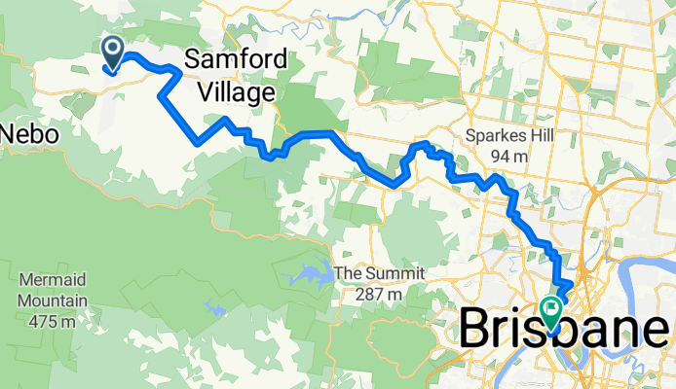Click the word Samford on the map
[x=236, y=60]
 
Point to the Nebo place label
[x=29, y=133]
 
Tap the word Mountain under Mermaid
[x=52, y=301]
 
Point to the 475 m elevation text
[x=52, y=321]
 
